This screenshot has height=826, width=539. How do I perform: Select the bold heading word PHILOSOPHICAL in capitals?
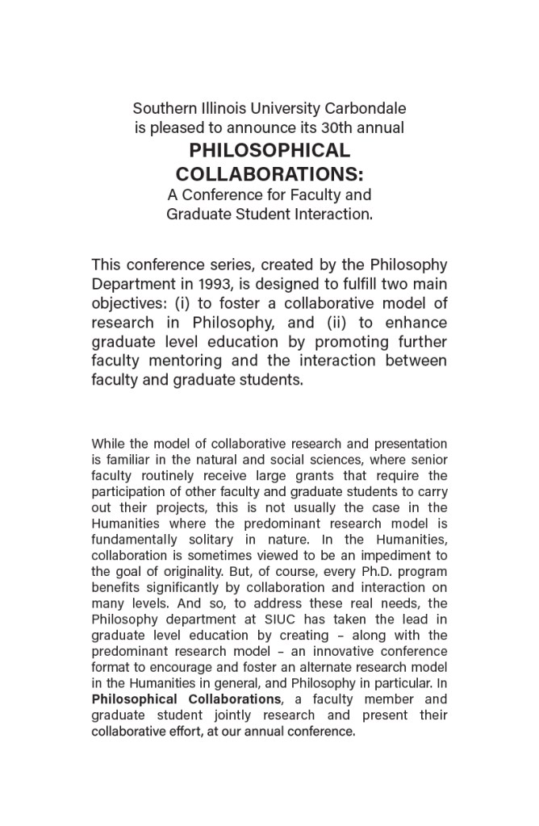(269, 151)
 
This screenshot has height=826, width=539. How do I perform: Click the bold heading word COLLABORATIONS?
(269, 174)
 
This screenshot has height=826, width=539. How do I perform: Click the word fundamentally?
(131, 540)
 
